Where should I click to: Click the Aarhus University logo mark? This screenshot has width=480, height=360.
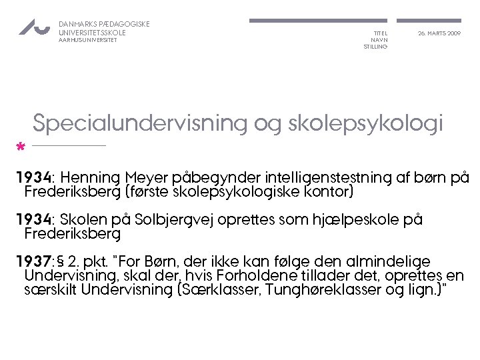point(33,27)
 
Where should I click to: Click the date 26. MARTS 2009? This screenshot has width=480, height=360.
point(439,33)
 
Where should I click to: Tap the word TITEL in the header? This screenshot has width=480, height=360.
point(380,33)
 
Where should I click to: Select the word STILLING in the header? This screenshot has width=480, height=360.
point(375,47)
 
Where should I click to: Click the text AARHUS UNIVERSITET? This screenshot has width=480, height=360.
point(88,40)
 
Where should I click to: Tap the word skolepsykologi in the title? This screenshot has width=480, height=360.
point(367,125)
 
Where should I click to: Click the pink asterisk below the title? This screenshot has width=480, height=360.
point(21,146)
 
